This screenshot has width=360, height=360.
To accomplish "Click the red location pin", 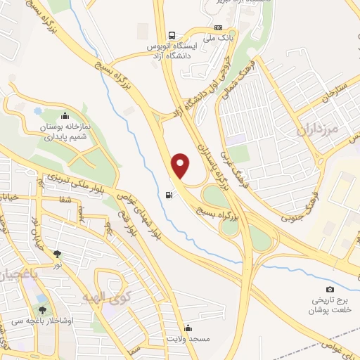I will point(181,165).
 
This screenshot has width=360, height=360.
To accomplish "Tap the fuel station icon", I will point(167,195).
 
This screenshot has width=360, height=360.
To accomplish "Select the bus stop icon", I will point(172,35).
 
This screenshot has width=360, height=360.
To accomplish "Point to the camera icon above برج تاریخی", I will point(330,289).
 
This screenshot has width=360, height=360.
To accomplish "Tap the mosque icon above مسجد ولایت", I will point(188,328).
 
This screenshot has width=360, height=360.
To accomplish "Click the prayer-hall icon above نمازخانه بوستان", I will point(65,116).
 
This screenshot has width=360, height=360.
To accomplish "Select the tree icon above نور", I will point(57,254).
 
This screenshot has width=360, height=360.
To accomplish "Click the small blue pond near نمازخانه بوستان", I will point(37,110).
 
